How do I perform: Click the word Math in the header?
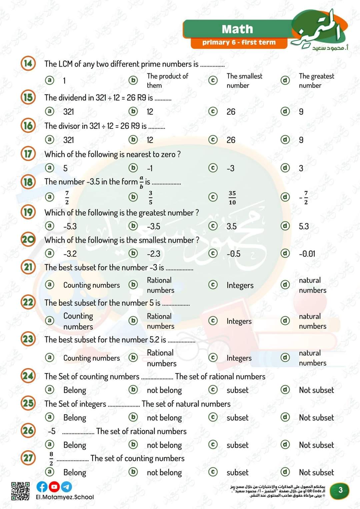coord(237,29)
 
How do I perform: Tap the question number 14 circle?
coord(28,63)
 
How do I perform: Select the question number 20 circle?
coord(28,240)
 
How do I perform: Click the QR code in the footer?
coord(20,491)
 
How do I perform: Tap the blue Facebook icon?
coord(42,487)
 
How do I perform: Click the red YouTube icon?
coord(54,487)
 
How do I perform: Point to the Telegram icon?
coord(66,487)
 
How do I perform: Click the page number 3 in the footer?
coord(340,490)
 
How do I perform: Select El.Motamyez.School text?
coord(65,497)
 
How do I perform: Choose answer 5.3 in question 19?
coord(304,227)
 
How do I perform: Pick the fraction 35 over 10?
coord(232,198)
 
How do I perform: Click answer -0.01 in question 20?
coord(307,254)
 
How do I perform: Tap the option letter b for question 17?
coord(133,168)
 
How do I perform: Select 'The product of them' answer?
coord(167,81)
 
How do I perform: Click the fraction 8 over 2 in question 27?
coord(51,458)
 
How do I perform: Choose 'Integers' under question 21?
coord(240,285)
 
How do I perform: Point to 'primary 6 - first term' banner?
coord(239,43)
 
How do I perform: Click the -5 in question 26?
coord(52,431)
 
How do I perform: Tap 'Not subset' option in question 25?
coord(316,418)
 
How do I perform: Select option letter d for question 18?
coord(285,197)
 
